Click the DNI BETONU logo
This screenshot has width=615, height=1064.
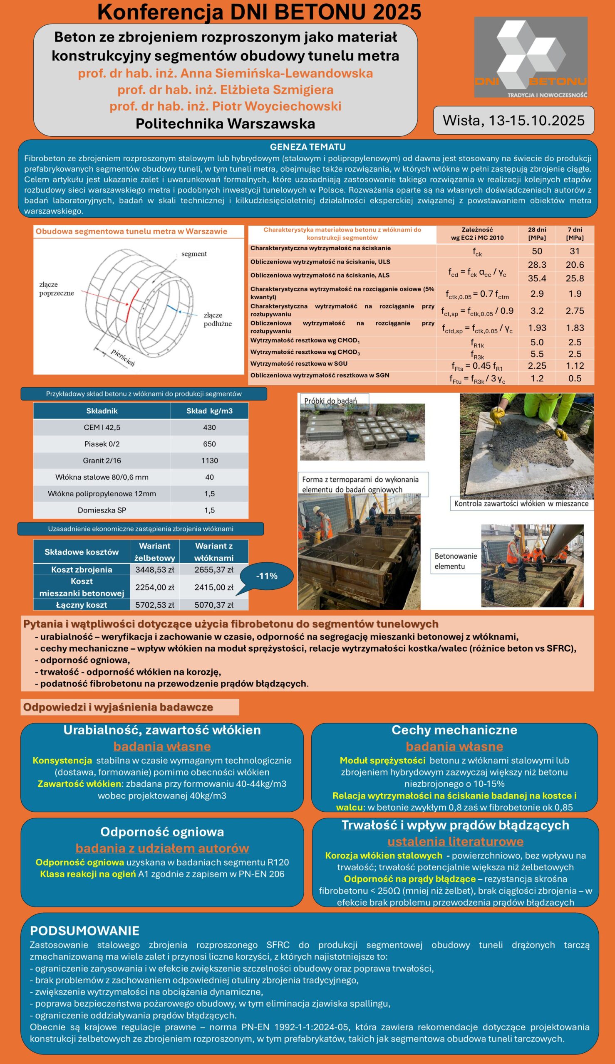[531, 57]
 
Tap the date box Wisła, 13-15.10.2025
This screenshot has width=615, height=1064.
[513, 120]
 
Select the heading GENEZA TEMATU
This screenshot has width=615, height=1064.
[307, 147]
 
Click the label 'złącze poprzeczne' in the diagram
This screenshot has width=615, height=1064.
[56, 289]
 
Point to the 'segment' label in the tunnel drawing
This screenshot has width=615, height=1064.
[194, 254]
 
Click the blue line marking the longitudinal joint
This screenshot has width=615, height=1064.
[172, 308]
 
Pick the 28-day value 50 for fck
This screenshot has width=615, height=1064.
[536, 251]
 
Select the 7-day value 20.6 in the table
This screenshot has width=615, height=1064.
[575, 264]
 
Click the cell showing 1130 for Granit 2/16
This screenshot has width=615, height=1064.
[209, 460]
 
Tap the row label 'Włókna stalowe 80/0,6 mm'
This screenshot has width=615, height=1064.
[102, 477]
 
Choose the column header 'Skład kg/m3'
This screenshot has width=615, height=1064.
[209, 411]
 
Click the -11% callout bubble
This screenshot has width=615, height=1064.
[267, 576]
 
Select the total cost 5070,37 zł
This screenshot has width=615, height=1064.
[214, 605]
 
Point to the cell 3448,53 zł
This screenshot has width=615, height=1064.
[155, 569]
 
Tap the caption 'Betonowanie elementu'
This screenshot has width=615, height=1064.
[455, 561]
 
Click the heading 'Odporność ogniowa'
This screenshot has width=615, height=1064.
[162, 832]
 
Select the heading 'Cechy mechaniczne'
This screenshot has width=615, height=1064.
[454, 729]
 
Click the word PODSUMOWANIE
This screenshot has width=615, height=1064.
[84, 930]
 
